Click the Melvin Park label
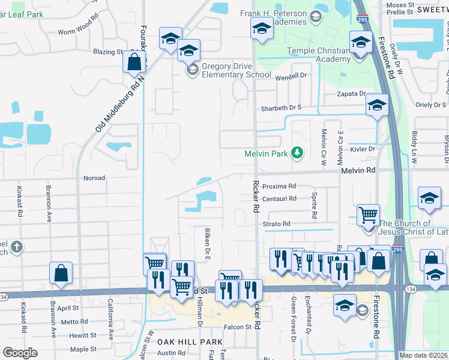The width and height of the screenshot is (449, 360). (x=267, y=154)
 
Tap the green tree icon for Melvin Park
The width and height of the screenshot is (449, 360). (x=296, y=153)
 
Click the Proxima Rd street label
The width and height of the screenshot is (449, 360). (x=279, y=186)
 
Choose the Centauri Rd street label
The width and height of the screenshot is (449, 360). (x=280, y=199)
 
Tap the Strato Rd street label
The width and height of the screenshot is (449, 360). (x=276, y=224)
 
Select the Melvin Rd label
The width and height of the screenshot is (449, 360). (x=358, y=170)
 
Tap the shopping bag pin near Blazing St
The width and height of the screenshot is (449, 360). (x=134, y=61)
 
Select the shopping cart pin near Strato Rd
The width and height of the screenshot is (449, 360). (x=367, y=214)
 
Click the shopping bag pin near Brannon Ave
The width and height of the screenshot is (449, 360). (x=61, y=272)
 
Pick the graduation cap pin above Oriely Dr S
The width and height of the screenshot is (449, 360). (x=376, y=106)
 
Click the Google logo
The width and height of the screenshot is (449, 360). (x=20, y=353)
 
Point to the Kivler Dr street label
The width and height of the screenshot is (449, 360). (x=363, y=148)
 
